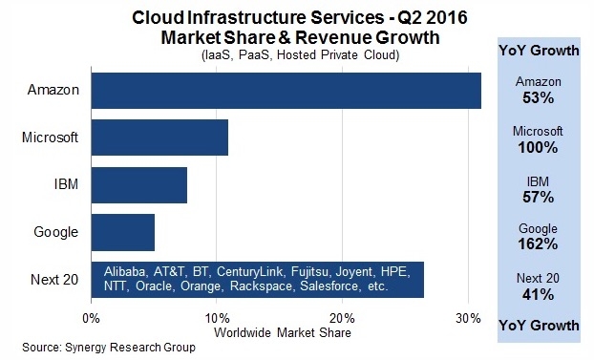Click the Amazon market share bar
pyautogui.click(x=286, y=91)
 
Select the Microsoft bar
pyautogui.click(x=159, y=138)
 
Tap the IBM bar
pyautogui.click(x=139, y=185)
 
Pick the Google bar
pyautogui.click(x=123, y=232)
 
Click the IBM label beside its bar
pyautogui.click(x=66, y=184)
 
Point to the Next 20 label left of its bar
pyautogui.click(x=54, y=280)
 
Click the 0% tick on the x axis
pyautogui.click(x=91, y=318)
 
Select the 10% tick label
pyautogui.click(x=217, y=318)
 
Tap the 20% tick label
pyautogui.click(x=343, y=318)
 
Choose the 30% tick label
pyautogui.click(x=468, y=318)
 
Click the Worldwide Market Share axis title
pyautogui.click(x=283, y=332)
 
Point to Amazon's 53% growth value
pyautogui.click(x=538, y=98)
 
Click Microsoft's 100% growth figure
pyautogui.click(x=538, y=147)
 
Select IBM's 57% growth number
pyautogui.click(x=538, y=197)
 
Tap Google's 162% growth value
pyautogui.click(x=538, y=244)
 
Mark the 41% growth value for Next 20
pyautogui.click(x=538, y=294)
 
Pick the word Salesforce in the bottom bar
pyautogui.click(x=329, y=286)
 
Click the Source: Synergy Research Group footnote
pyautogui.click(x=109, y=348)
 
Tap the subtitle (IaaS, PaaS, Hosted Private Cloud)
pyautogui.click(x=301, y=55)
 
